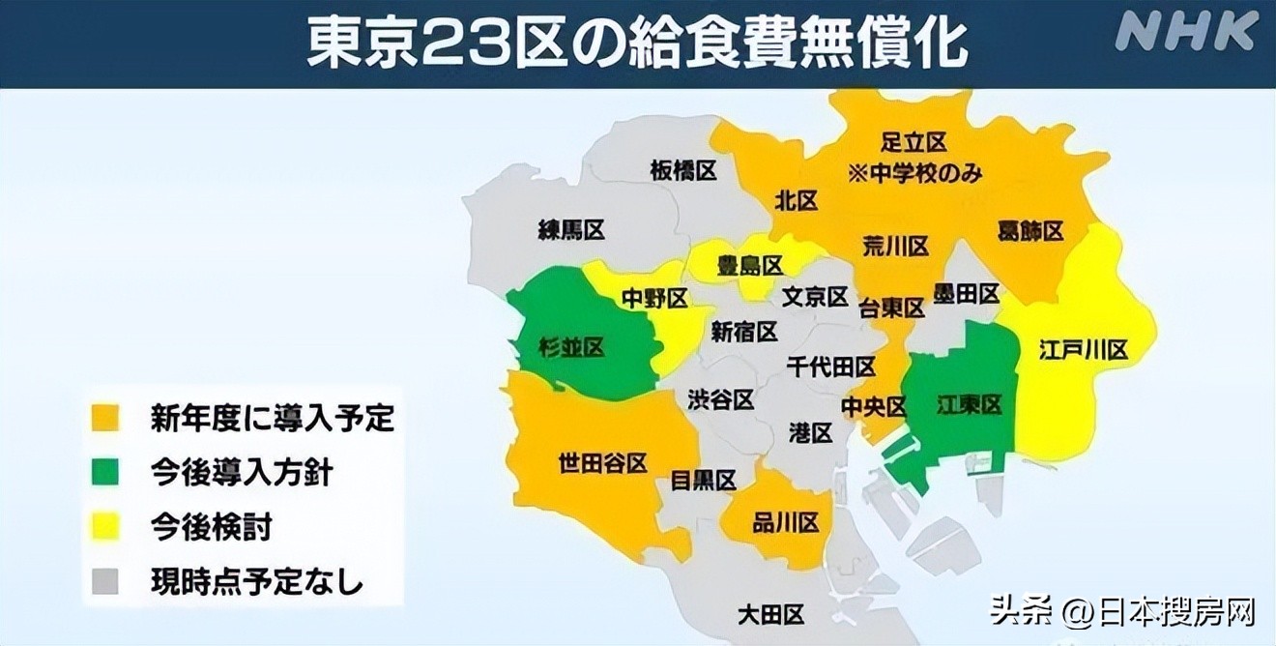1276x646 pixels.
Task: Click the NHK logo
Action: pyautogui.click(x=1186, y=32)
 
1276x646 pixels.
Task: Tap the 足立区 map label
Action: pyautogui.click(x=913, y=143)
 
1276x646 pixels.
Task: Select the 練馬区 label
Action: pyautogui.click(x=571, y=230)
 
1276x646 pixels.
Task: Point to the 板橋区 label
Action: pyautogui.click(x=683, y=171)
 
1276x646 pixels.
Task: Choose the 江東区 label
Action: pyautogui.click(x=969, y=405)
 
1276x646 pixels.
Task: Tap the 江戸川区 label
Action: pyautogui.click(x=1084, y=350)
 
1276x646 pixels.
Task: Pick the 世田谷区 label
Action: pyautogui.click(x=602, y=463)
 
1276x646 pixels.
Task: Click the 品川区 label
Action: pyautogui.click(x=786, y=523)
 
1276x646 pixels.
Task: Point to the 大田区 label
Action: pyautogui.click(x=770, y=614)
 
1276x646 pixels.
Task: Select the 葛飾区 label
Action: pyautogui.click(x=1029, y=231)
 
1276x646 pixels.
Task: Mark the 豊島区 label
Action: pyautogui.click(x=749, y=265)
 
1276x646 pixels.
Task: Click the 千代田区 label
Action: pyautogui.click(x=831, y=367)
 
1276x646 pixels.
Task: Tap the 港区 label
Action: pyautogui.click(x=810, y=432)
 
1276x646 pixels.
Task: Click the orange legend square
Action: pyautogui.click(x=105, y=418)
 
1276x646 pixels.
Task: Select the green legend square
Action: pyautogui.click(x=105, y=472)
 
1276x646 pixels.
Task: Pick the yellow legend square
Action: pyautogui.click(x=105, y=527)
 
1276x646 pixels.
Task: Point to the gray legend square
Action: pyautogui.click(x=105, y=582)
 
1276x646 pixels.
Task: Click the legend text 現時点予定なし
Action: pyautogui.click(x=257, y=582)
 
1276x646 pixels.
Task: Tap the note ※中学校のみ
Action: pyautogui.click(x=914, y=173)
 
